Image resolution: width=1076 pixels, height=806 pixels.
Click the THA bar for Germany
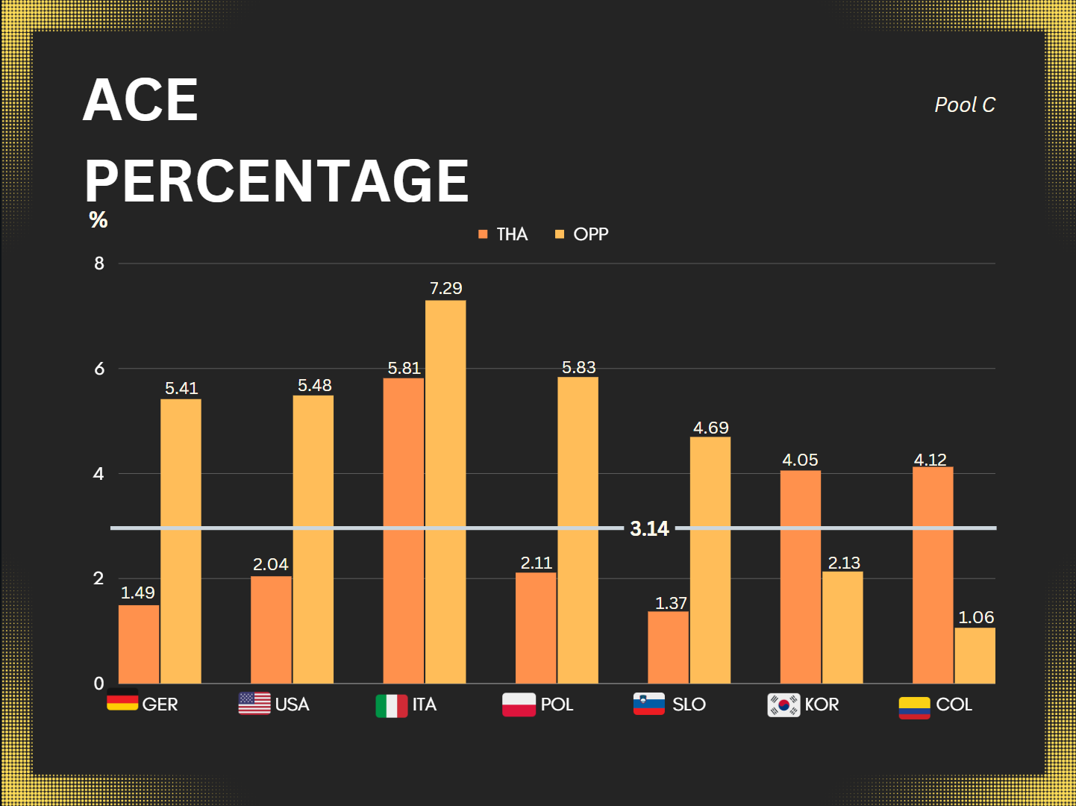click(x=139, y=644)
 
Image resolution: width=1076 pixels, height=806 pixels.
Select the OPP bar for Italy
click(x=445, y=492)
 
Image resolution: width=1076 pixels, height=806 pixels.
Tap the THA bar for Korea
click(x=800, y=576)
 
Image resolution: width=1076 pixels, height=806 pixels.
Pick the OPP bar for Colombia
click(x=975, y=655)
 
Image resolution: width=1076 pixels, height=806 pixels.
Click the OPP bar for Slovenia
click(x=710, y=560)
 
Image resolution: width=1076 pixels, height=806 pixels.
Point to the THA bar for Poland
click(x=536, y=628)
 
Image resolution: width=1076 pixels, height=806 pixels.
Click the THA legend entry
click(x=504, y=234)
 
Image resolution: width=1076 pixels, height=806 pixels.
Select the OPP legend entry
click(x=582, y=234)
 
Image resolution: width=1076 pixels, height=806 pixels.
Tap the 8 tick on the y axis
click(x=99, y=263)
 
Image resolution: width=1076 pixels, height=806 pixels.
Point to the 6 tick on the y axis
click(x=99, y=369)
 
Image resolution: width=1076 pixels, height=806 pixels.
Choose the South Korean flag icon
click(x=783, y=705)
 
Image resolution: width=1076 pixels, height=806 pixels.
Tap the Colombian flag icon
click(x=914, y=707)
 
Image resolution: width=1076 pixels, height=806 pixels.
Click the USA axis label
click(x=292, y=705)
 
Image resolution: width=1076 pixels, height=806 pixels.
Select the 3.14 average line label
click(x=649, y=528)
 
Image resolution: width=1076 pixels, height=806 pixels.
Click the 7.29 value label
click(x=445, y=288)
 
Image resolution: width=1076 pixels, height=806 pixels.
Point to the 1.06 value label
click(x=976, y=617)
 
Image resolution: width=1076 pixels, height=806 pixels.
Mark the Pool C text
click(x=965, y=105)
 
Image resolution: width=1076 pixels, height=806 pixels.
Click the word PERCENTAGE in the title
click(x=276, y=181)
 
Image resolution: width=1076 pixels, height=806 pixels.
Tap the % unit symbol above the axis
click(x=98, y=219)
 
